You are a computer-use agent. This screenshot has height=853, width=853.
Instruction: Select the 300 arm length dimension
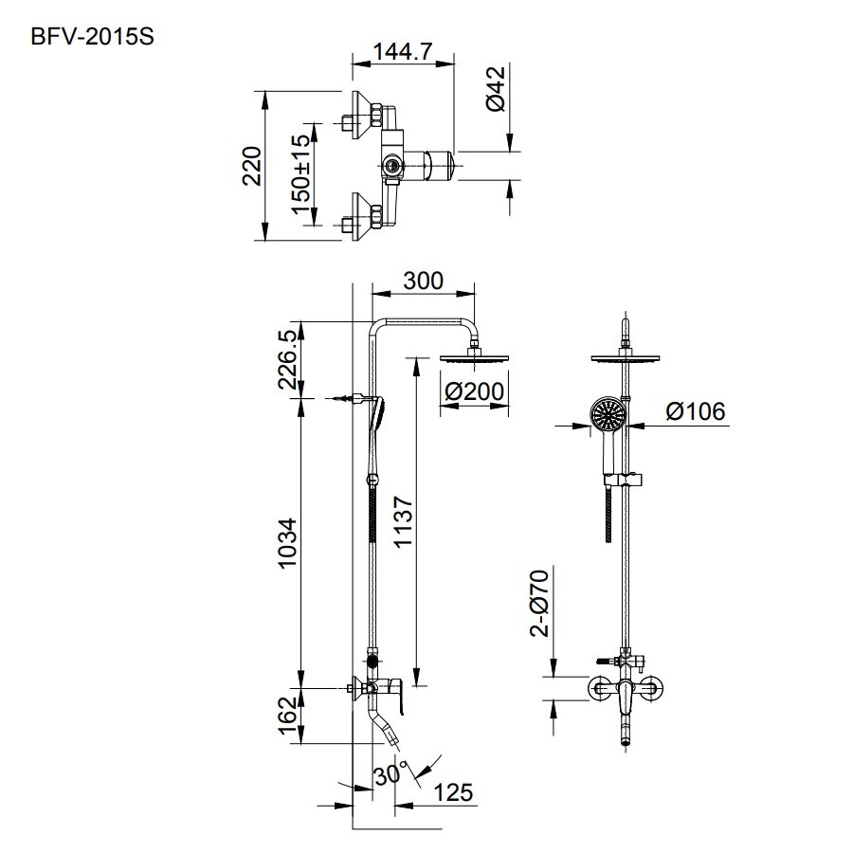423,281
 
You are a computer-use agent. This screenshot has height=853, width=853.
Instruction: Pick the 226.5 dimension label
289,361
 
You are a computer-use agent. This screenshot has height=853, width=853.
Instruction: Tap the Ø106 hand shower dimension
695,411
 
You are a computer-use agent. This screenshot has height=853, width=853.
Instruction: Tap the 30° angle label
391,772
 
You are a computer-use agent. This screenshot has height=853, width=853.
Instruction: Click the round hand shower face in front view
608,415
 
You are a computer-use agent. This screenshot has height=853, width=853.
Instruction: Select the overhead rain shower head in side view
474,356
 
